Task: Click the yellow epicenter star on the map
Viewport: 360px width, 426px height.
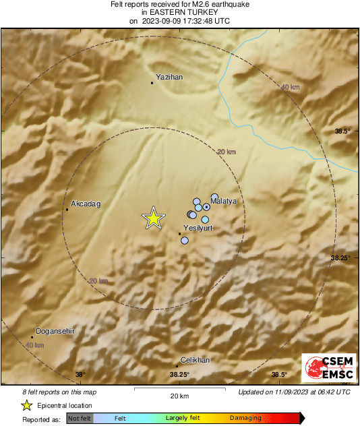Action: point(154,218)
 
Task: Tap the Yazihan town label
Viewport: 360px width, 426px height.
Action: point(169,78)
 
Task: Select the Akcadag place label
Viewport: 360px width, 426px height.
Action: point(85,204)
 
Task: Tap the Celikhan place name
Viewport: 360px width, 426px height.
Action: point(196,360)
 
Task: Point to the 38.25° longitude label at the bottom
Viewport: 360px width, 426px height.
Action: point(179,375)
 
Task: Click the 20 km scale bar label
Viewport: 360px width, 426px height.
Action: point(179,395)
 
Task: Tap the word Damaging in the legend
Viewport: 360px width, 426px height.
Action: point(245,419)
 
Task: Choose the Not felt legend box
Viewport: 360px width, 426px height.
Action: point(80,419)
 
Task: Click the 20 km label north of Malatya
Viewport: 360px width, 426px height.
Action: point(227,153)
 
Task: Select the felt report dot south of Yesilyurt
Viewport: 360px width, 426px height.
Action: point(185,240)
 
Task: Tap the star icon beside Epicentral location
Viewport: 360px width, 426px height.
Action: point(26,405)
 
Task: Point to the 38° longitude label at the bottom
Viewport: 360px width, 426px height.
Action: point(80,375)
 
